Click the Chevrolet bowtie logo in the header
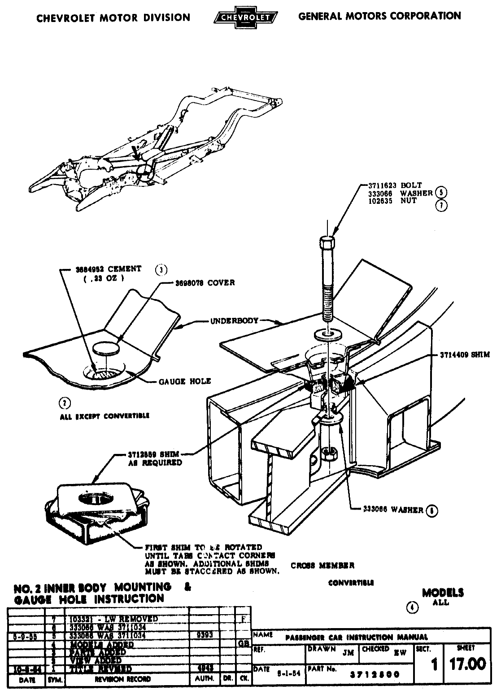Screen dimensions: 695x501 246,17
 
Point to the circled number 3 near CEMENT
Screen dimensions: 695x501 161,269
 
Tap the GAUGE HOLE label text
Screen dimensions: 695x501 185,381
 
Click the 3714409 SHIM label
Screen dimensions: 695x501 464,354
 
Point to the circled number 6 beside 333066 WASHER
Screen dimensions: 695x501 434,510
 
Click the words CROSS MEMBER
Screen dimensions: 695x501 322,565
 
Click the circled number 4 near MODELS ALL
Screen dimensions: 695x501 412,608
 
